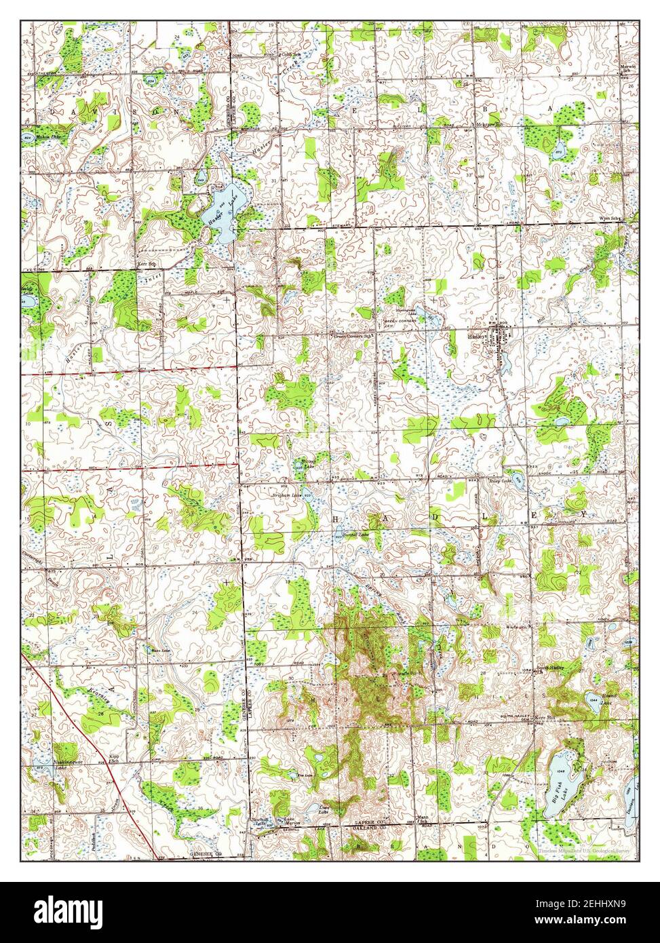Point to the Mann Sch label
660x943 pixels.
424,819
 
